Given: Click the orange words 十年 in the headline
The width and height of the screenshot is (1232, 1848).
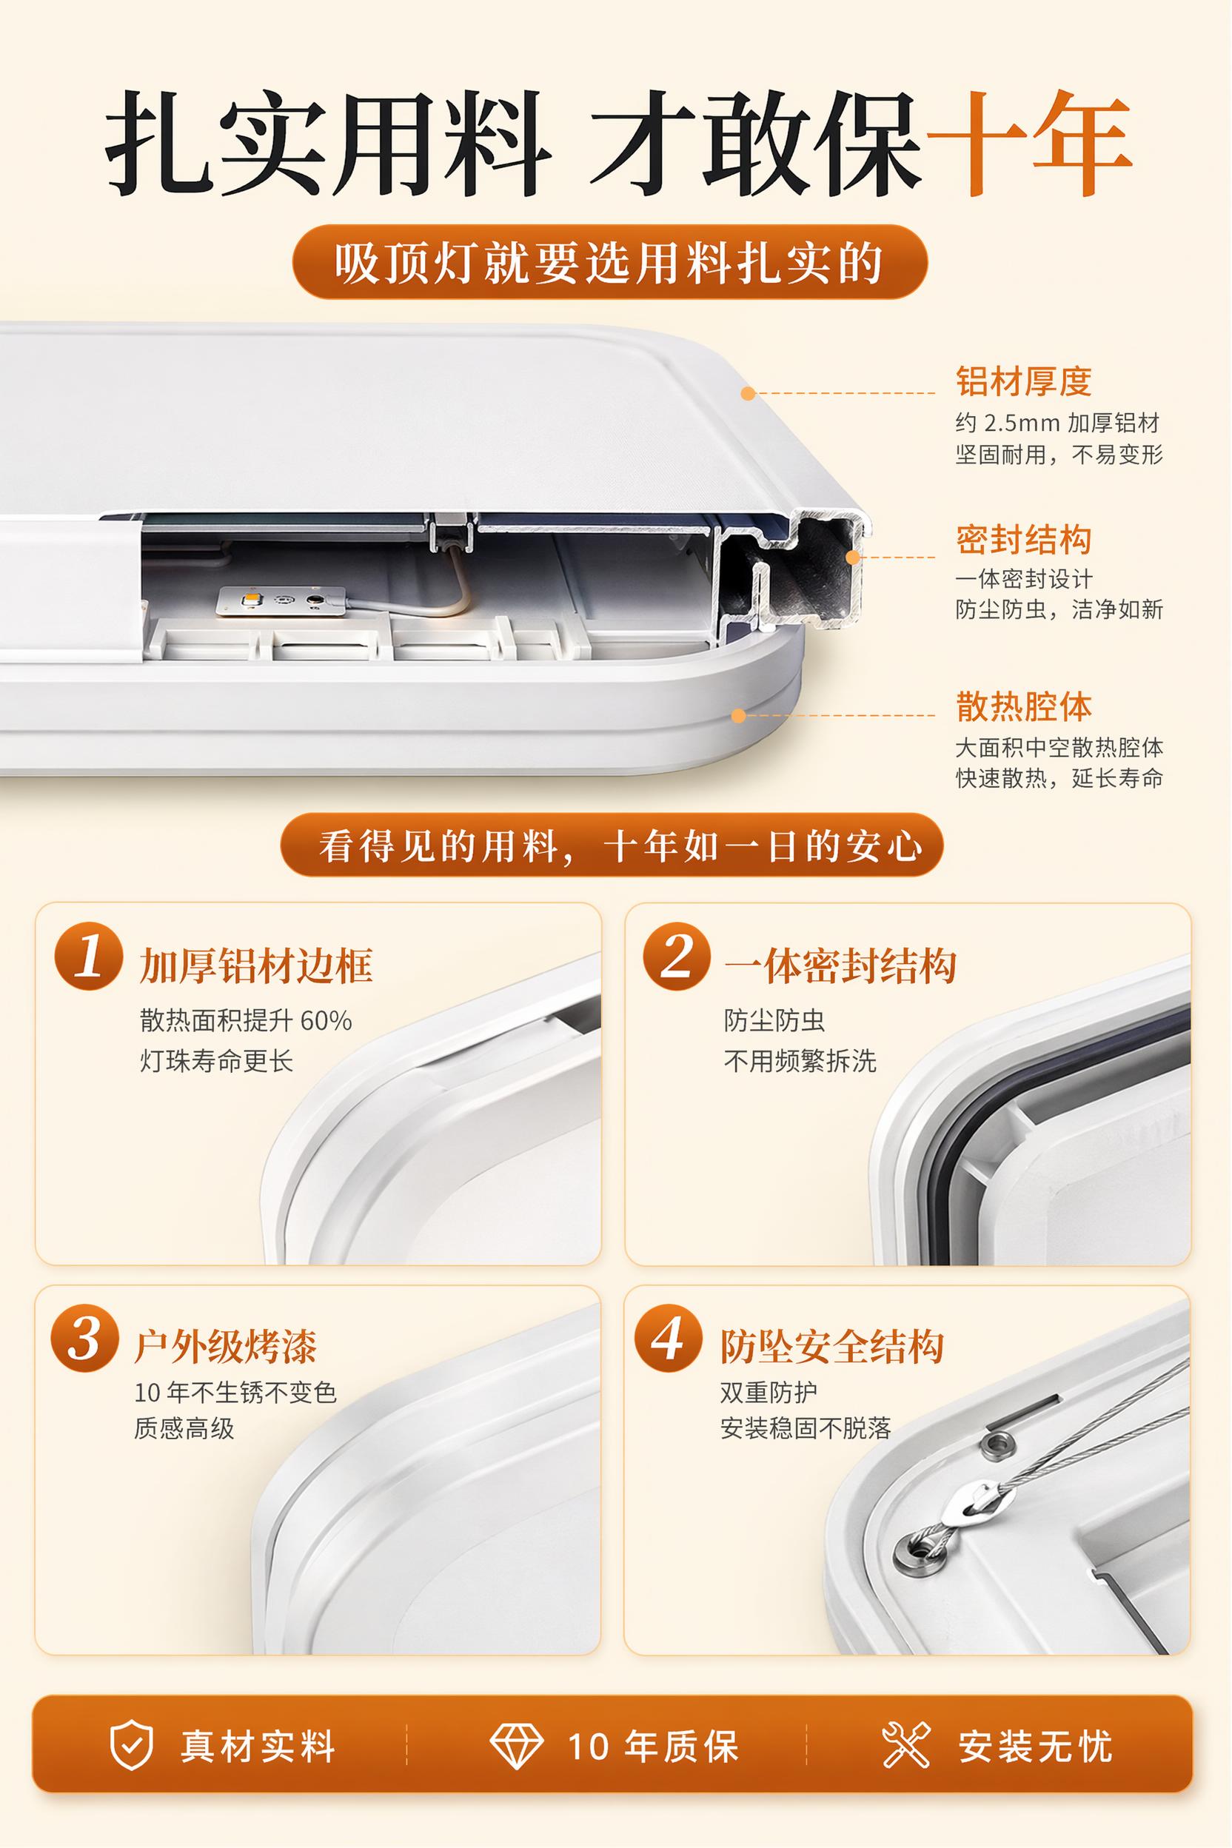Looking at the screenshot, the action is click(x=1029, y=143).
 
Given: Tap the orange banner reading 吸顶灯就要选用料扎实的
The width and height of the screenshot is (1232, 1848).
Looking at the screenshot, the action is click(x=610, y=262).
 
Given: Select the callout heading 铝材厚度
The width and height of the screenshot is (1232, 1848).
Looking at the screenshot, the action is click(x=1024, y=381).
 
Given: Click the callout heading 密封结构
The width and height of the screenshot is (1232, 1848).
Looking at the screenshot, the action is click(x=1024, y=540).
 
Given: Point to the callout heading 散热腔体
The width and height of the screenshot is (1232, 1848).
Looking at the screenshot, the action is click(x=1024, y=706).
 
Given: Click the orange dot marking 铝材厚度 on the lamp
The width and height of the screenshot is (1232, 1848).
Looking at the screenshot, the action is click(x=748, y=393).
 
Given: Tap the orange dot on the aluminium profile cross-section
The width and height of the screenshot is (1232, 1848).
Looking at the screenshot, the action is click(x=853, y=556).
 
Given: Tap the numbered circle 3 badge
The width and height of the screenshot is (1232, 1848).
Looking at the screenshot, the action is click(x=85, y=1338).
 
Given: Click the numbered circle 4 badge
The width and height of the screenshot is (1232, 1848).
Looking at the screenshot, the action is click(x=669, y=1338).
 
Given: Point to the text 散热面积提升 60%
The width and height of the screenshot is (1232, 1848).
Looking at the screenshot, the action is click(x=246, y=1021).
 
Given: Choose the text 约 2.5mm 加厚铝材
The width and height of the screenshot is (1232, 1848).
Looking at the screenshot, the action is click(x=1057, y=423).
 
